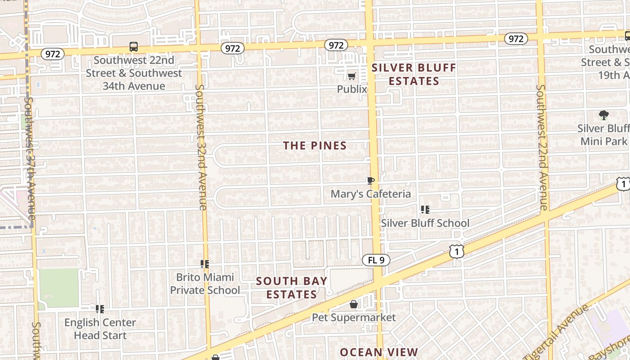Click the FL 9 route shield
pos(376,260)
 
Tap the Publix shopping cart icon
pos(351,76)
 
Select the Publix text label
pos(352,89)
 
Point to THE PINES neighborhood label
pos(315,145)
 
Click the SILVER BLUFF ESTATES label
pos(414,75)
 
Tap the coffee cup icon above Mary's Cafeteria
pos(370,180)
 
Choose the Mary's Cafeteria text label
pos(371,194)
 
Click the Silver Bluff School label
pos(425,223)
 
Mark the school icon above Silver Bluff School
pos(425,209)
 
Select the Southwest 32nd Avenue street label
pos(201,147)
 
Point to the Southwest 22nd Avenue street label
pos(542,147)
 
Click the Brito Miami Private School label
pos(205,283)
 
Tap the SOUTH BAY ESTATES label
pos(292,288)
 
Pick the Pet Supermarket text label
pos(354,317)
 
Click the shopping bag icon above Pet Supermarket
pos(354,305)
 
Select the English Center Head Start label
pos(100,329)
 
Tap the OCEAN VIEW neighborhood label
pos(379,352)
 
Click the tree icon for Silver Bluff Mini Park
pos(604,115)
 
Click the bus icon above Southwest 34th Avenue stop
pos(134,46)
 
